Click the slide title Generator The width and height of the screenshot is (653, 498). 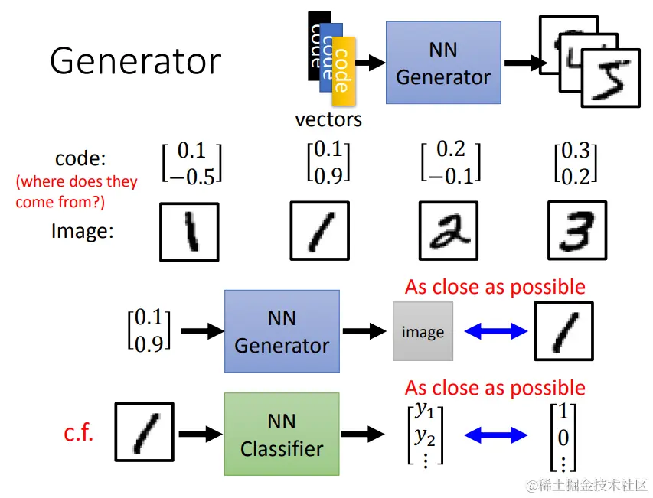135,61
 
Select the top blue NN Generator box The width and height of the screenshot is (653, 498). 443,63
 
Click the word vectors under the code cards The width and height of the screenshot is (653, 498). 328,119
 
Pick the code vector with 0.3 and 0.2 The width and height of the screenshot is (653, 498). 576,163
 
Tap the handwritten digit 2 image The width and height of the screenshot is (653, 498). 449,231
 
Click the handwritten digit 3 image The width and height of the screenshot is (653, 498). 577,231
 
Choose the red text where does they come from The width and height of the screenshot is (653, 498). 77,192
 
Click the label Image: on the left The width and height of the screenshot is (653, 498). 82,230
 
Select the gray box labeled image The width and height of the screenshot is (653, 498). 423,332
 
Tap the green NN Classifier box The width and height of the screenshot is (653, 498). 282,435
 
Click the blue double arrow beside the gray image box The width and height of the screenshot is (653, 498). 496,331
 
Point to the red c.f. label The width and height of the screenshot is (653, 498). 79,434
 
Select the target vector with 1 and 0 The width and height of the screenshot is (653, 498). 563,437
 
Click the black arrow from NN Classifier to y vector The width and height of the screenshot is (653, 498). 362,435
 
